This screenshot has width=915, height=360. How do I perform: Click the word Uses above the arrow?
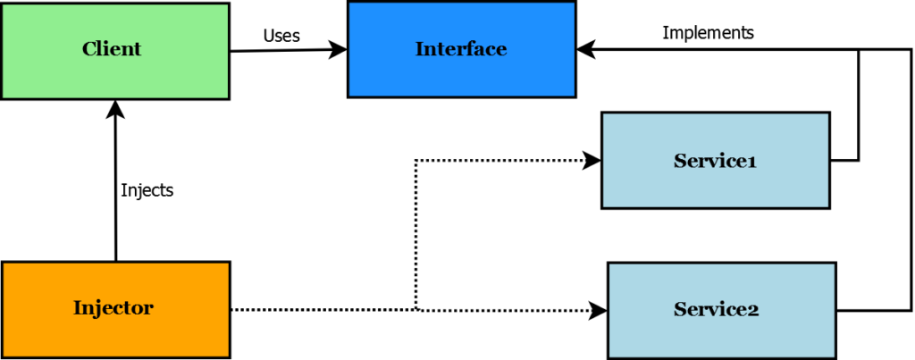coord(281,36)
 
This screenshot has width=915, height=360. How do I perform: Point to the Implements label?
coord(708,33)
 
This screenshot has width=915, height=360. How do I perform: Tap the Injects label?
coord(147,189)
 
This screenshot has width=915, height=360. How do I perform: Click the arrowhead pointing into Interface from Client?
coord(339,50)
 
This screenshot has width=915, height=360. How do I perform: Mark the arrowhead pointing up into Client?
coord(115,108)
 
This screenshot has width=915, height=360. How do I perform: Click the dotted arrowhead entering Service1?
coord(592,161)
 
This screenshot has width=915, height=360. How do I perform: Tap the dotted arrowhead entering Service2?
coord(598,310)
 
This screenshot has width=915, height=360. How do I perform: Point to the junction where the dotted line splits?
coord(416,309)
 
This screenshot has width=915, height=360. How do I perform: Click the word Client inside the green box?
coord(112,49)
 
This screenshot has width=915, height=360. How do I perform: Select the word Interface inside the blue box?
coord(461,49)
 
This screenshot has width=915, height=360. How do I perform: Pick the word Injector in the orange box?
coord(113,308)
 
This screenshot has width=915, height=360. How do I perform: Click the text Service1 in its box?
coord(715,161)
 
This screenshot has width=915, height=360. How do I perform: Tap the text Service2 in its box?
coord(716,310)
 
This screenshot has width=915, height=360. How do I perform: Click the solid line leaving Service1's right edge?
coord(845,161)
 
